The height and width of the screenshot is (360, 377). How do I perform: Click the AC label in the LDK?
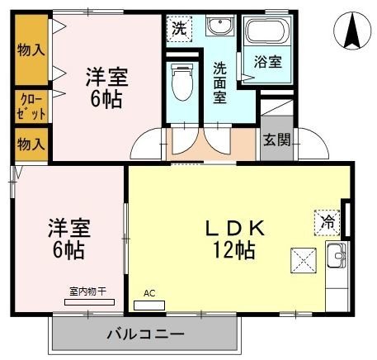(x=149, y=293)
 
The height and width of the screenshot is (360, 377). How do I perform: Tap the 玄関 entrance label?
(x=276, y=140)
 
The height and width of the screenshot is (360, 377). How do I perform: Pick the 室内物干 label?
(x=87, y=291)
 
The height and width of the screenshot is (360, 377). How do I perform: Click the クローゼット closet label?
(x=29, y=106)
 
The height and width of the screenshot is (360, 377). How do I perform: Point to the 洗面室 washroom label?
(x=220, y=81)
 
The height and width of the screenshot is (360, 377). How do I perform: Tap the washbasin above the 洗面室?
(x=219, y=26)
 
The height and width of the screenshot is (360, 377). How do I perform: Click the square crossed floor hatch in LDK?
(x=302, y=261)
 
